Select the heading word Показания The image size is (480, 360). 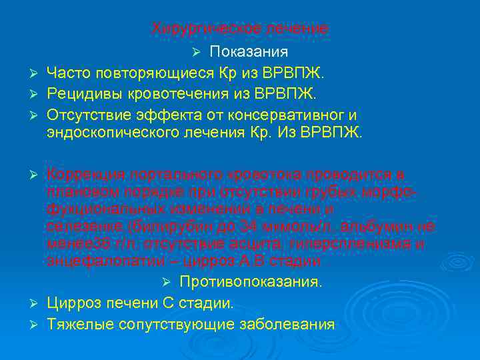point(249,52)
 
